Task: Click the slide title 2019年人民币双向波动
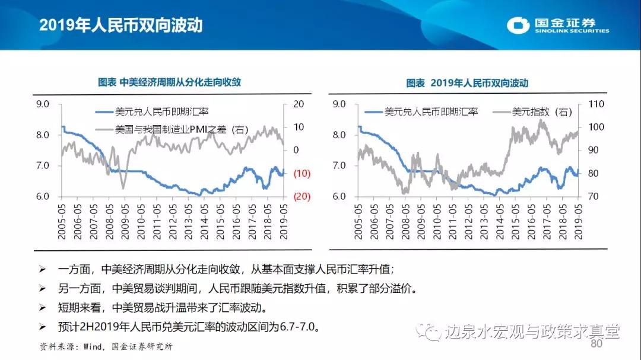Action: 121,25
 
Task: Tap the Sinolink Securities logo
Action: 558,25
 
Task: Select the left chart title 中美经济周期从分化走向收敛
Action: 173,82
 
